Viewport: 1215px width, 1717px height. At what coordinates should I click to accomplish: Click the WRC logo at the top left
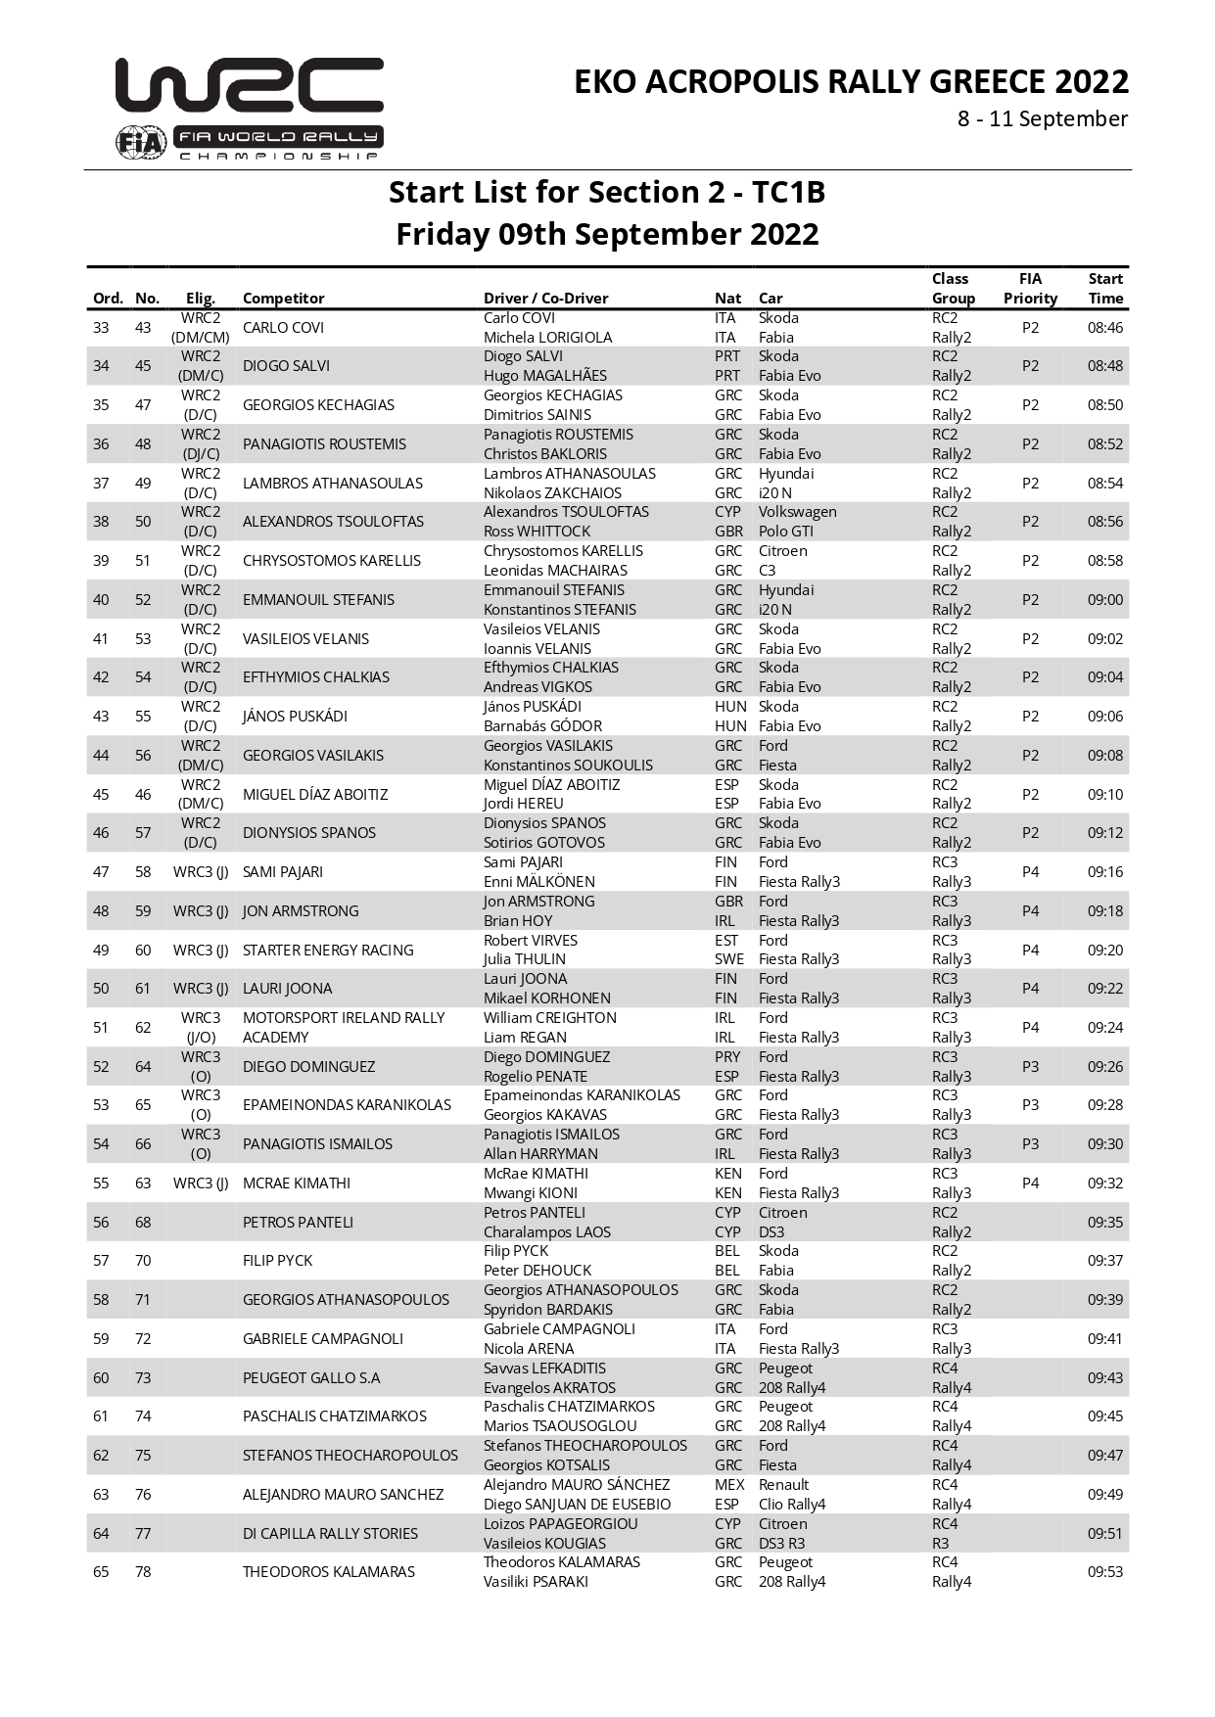(249, 86)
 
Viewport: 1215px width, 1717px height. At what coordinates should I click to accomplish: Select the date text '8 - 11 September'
(1042, 119)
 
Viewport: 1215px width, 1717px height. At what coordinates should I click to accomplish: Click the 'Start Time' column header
(1104, 289)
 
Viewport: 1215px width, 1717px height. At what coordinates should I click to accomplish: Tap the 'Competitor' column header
(283, 299)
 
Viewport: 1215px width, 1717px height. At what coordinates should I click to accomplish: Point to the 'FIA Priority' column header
(1030, 289)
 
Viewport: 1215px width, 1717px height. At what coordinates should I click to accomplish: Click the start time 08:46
(1104, 328)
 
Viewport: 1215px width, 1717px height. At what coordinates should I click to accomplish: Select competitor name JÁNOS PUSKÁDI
(295, 717)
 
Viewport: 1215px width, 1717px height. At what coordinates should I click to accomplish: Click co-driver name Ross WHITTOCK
(537, 532)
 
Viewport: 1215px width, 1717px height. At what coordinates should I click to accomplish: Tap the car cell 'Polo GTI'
(786, 532)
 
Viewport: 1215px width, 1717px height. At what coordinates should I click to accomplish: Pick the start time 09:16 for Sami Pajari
(1104, 872)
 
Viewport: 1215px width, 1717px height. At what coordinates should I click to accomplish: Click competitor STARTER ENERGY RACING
(328, 951)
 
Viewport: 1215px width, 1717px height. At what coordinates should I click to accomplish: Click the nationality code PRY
(727, 1057)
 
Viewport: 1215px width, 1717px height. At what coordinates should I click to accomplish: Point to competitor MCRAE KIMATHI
(296, 1183)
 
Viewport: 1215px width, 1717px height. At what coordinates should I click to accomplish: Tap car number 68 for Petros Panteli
(143, 1223)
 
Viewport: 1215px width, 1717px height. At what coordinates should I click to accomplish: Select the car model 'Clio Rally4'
(792, 1505)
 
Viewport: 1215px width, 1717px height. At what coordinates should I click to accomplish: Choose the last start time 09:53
(1104, 1572)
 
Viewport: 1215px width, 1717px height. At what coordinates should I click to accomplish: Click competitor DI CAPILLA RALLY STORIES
(330, 1534)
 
